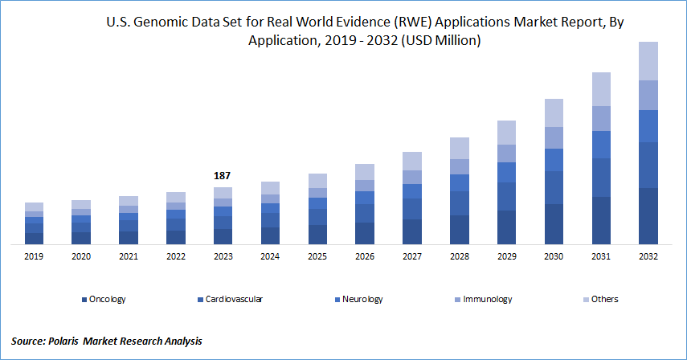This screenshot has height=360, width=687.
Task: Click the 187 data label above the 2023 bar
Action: (223, 175)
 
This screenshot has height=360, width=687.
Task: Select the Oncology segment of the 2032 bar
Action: (648, 215)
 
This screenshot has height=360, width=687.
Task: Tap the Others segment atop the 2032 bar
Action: (648, 61)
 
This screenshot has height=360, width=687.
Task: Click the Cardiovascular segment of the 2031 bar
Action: (600, 178)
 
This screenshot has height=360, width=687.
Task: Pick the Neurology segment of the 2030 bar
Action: (554, 160)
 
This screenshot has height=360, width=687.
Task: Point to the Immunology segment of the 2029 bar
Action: (506, 153)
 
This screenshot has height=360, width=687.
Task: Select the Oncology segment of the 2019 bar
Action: (34, 238)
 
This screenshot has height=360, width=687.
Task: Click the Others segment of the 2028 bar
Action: (459, 148)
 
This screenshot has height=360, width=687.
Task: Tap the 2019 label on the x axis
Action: (34, 256)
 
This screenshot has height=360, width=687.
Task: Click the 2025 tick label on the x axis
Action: (317, 256)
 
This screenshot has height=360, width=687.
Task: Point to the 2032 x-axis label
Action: (648, 256)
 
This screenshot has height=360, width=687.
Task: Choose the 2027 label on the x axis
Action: (411, 256)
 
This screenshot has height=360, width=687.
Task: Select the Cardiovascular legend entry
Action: (233, 299)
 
